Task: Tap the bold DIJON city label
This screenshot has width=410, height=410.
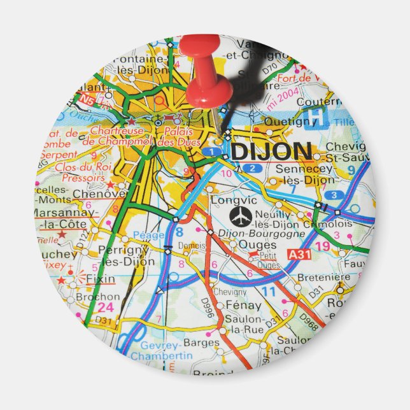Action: pos(271,152)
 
